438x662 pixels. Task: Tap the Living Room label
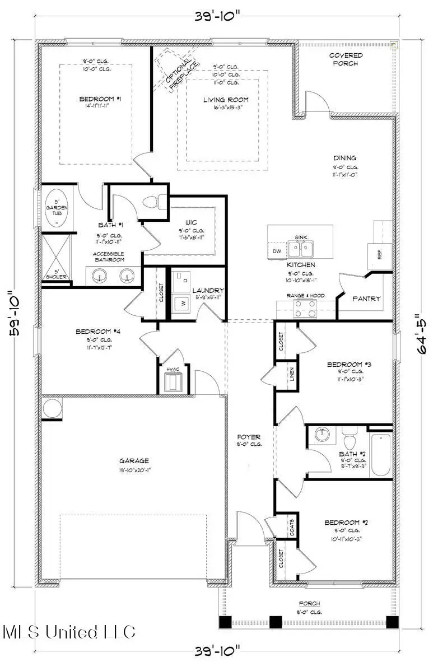click(x=226, y=100)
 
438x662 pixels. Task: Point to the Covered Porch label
click(x=346, y=59)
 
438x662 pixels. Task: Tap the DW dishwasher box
click(x=277, y=251)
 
